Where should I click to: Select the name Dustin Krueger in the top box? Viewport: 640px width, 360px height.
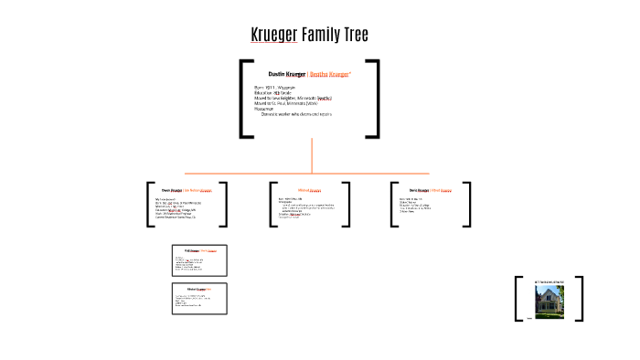286,73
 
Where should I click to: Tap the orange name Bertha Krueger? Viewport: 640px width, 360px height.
331,73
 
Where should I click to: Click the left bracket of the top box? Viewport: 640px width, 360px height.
243,99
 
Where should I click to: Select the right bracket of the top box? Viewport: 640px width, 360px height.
375,99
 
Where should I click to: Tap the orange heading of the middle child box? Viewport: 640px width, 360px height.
310,190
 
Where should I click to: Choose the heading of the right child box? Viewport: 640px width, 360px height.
425,190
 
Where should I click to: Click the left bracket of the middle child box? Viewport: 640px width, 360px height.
272,204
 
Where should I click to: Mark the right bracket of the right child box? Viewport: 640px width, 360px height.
468,204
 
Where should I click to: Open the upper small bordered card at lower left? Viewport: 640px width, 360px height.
199,260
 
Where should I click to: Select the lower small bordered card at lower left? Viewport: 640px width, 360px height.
199,299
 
